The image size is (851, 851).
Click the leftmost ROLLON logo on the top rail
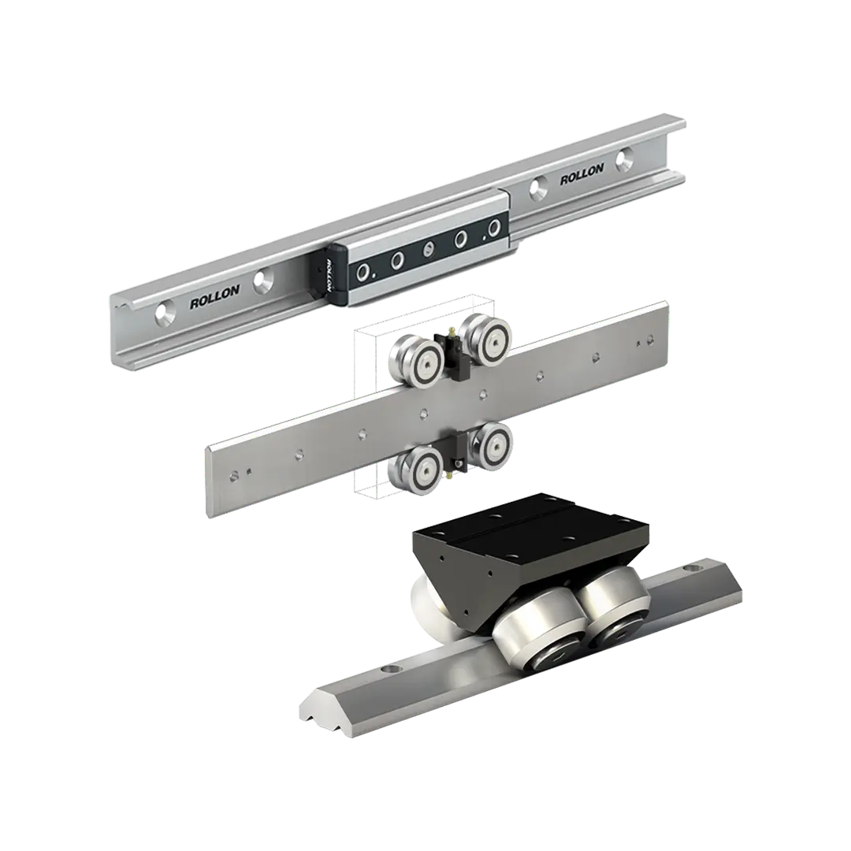[x=214, y=297]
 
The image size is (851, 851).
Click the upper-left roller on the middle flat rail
[x=416, y=360]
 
